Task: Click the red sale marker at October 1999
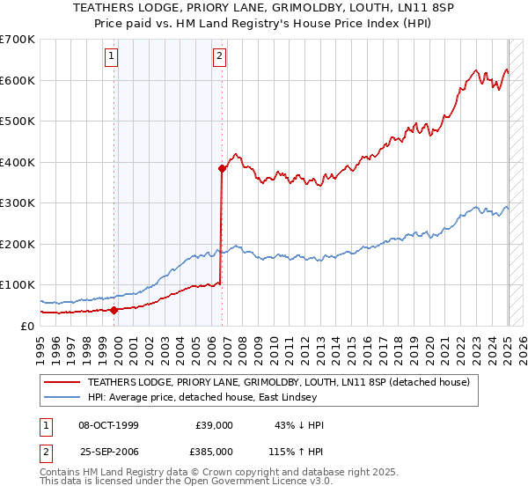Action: [x=114, y=309]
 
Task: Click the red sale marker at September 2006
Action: [x=223, y=168]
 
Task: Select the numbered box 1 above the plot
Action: [x=113, y=58]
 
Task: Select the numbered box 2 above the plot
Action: [x=218, y=58]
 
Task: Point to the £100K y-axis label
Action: [x=18, y=285]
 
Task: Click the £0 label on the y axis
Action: [x=26, y=326]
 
